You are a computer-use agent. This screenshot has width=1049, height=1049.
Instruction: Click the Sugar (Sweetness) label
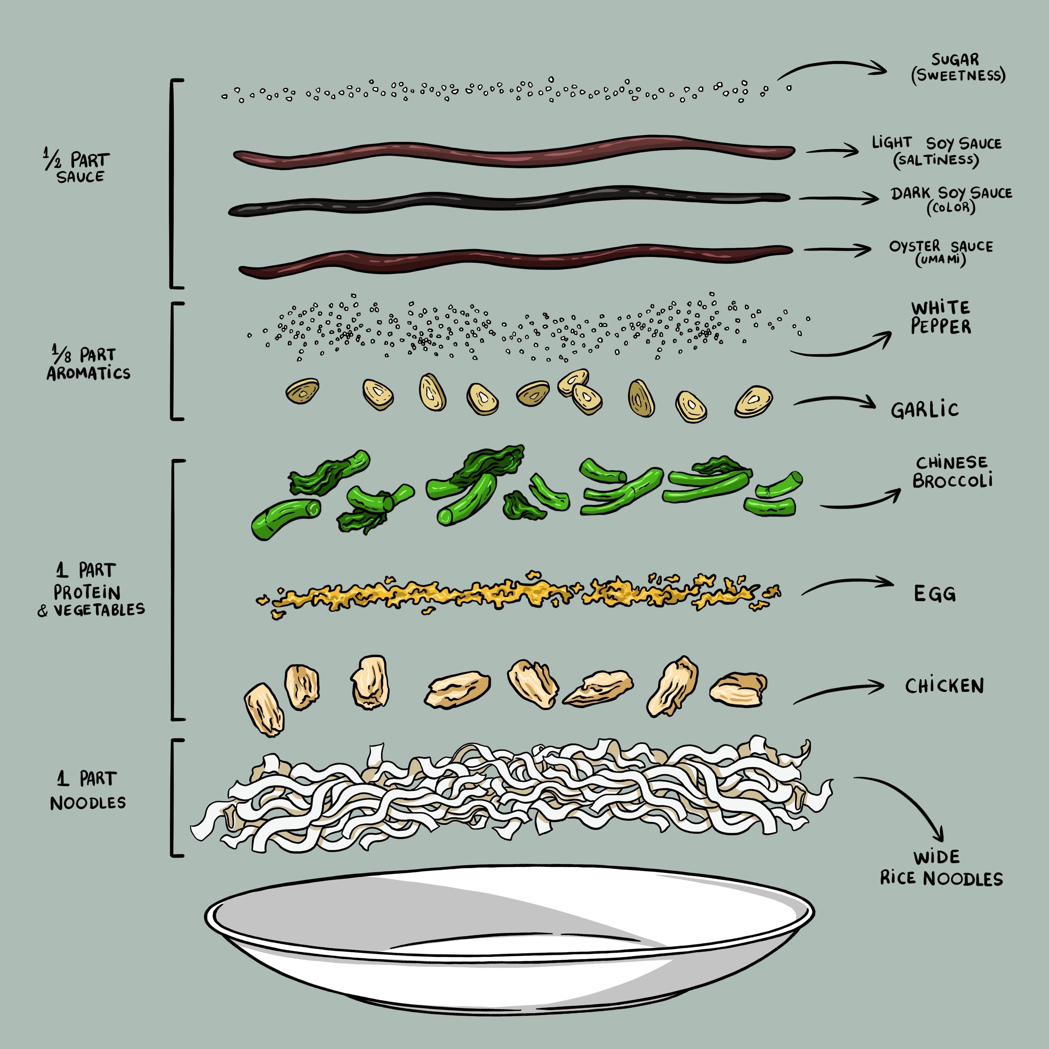(958, 67)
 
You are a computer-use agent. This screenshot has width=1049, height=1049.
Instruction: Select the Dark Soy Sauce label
(951, 199)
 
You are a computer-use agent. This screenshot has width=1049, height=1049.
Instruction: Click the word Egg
(934, 593)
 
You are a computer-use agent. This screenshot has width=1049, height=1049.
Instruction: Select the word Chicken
(944, 686)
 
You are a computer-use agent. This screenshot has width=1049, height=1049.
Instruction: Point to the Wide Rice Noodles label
(941, 868)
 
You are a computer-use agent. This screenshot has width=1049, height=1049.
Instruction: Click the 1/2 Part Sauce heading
(79, 168)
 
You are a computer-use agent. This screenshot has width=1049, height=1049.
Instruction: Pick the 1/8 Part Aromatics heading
(88, 363)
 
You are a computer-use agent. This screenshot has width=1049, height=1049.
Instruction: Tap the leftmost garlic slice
(302, 391)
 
